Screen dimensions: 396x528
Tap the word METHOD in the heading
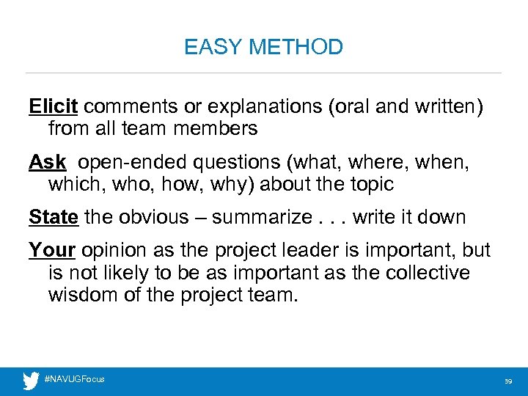point(296,48)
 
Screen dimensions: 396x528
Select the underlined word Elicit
point(54,107)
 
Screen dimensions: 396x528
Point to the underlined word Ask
point(48,162)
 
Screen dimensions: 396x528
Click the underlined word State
point(54,217)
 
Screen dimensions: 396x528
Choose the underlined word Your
point(52,250)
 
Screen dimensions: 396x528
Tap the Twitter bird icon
point(31,381)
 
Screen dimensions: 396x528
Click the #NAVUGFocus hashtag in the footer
point(75,379)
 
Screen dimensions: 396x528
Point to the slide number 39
point(507,381)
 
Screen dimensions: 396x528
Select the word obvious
point(149,217)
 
